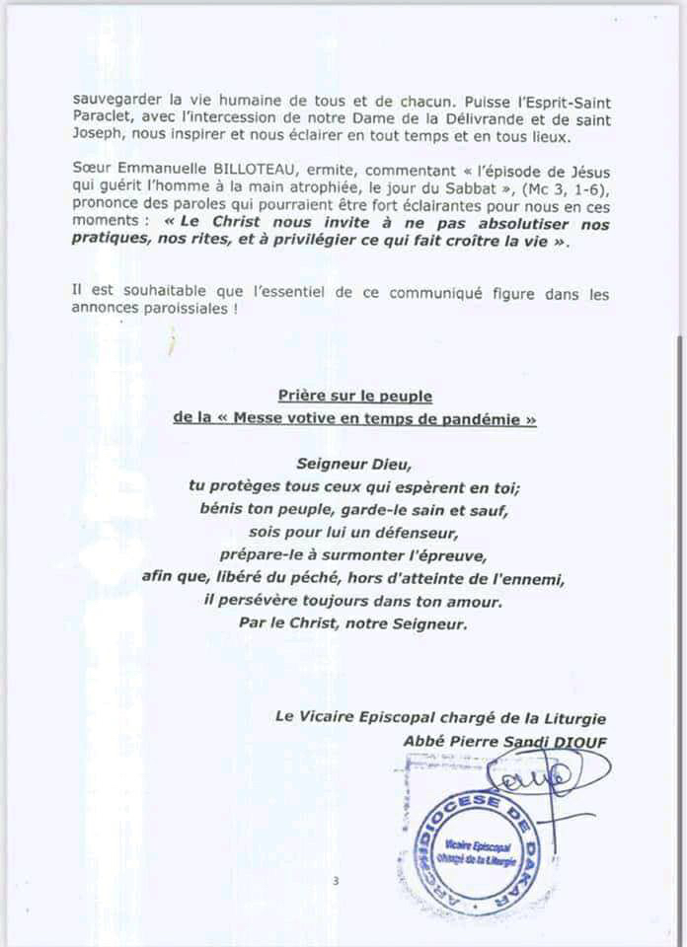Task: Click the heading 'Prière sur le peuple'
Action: click(x=355, y=397)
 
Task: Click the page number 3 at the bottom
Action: click(x=336, y=881)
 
